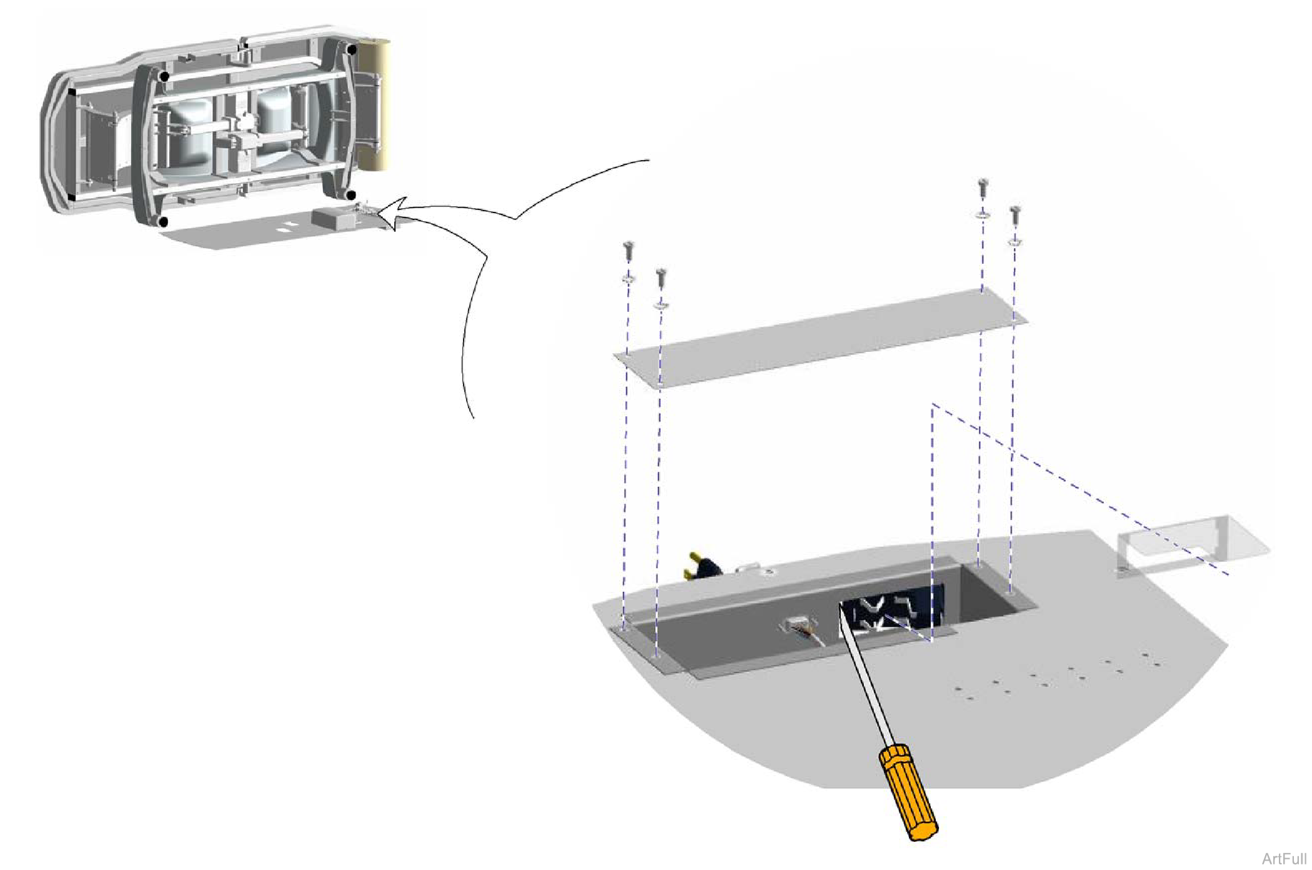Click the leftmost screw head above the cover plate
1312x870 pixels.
[629, 250]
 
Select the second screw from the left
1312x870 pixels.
[662, 277]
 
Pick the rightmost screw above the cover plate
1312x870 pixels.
[1015, 216]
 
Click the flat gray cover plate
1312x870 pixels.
[820, 337]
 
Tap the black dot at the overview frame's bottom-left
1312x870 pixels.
[164, 222]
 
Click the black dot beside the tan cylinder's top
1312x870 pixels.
[352, 49]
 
